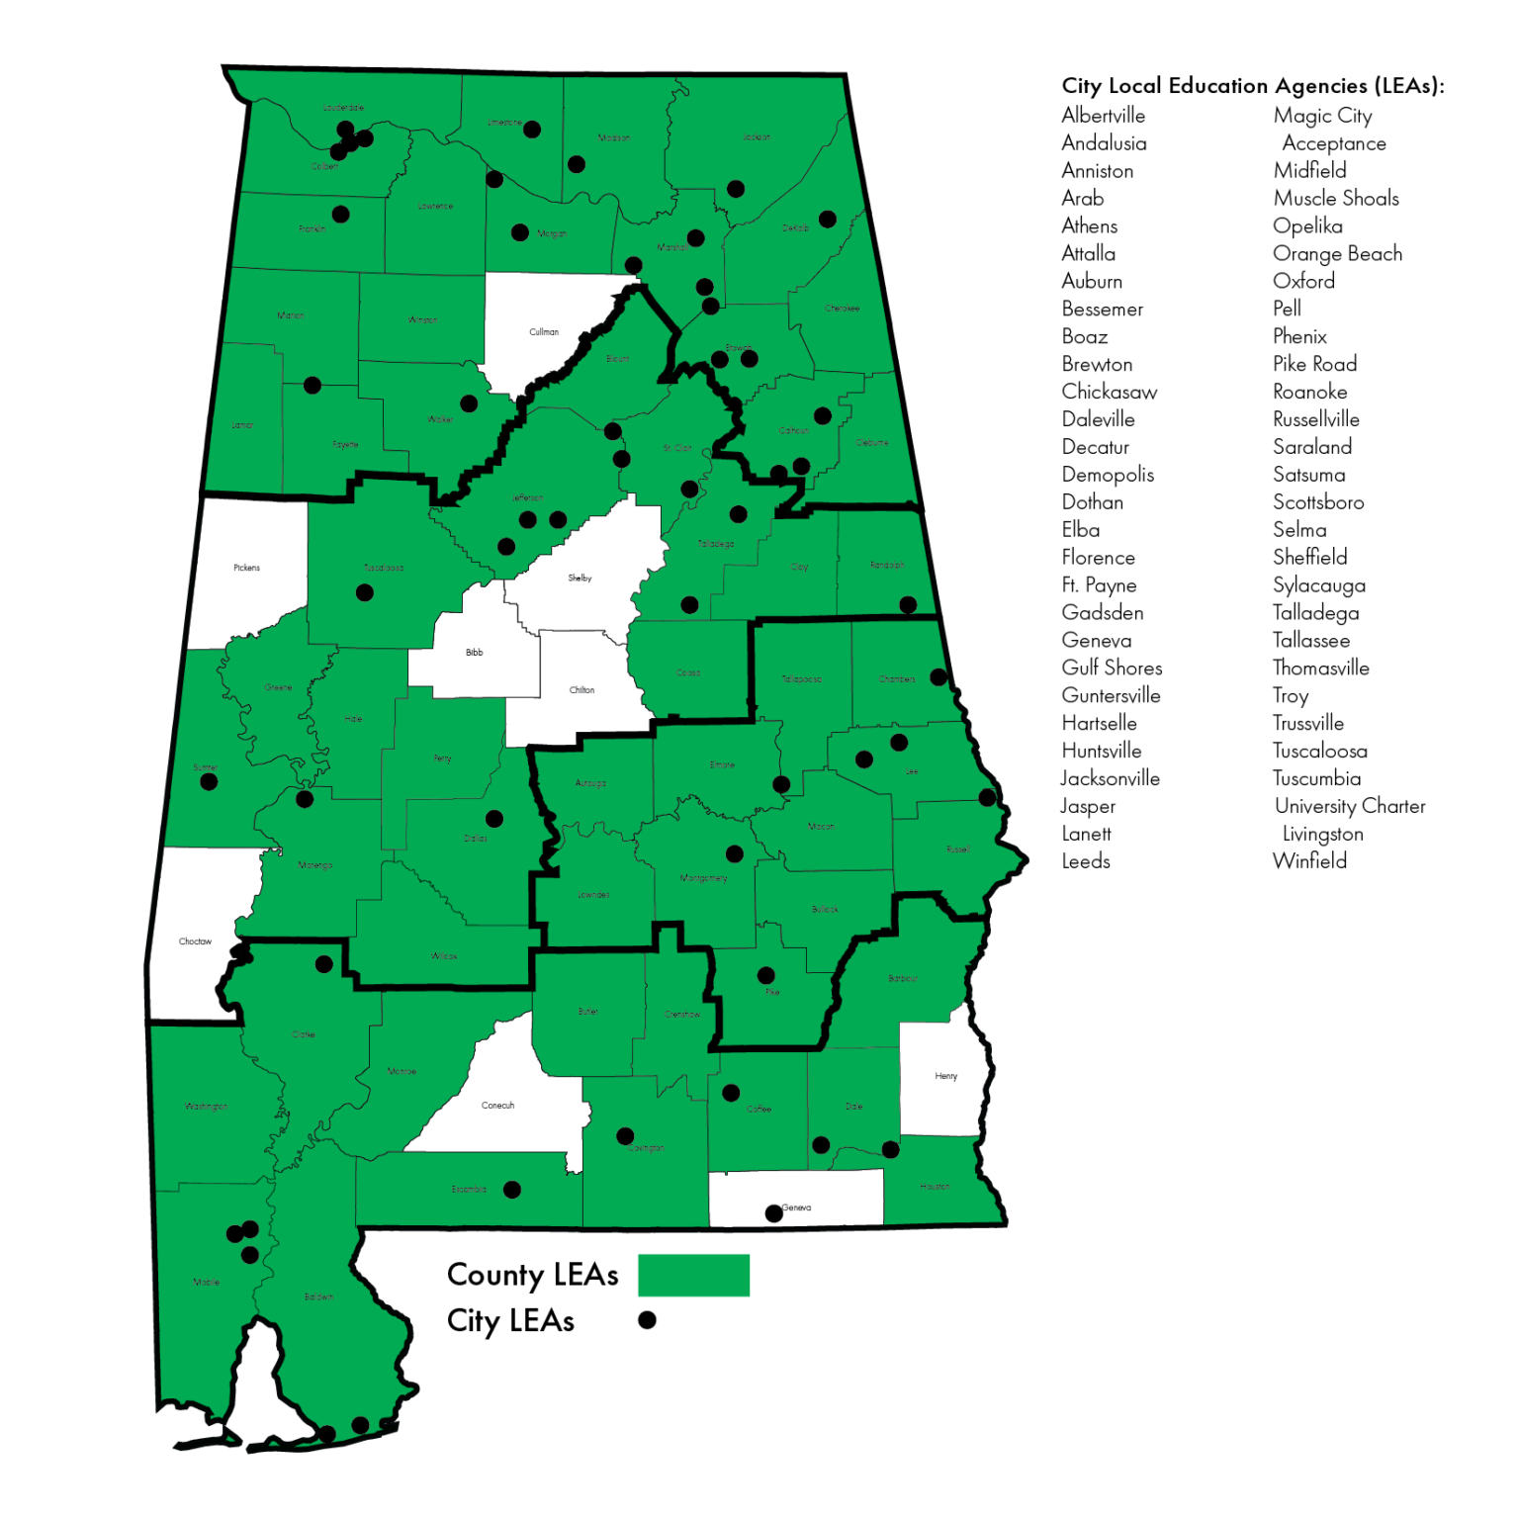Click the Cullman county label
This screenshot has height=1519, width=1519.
pyautogui.click(x=544, y=332)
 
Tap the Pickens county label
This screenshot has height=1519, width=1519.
pyautogui.click(x=246, y=568)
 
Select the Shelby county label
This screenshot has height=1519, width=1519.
pyautogui.click(x=580, y=578)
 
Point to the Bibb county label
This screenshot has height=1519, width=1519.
pyautogui.click(x=475, y=653)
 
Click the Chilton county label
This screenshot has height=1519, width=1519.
pyautogui.click(x=581, y=690)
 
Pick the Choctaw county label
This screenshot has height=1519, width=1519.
pyautogui.click(x=195, y=941)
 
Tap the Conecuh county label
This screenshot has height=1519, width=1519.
pyautogui.click(x=497, y=1106)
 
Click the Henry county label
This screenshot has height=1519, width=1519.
pyautogui.click(x=945, y=1076)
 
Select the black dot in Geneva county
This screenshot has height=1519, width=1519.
pyautogui.click(x=774, y=1213)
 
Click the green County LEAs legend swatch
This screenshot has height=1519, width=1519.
pyautogui.click(x=693, y=1275)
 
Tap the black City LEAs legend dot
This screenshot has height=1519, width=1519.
pyautogui.click(x=647, y=1320)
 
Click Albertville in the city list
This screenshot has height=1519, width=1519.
pyautogui.click(x=1103, y=116)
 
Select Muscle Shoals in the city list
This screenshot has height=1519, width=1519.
pyautogui.click(x=1335, y=199)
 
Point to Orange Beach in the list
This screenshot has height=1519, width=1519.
pyautogui.click(x=1337, y=254)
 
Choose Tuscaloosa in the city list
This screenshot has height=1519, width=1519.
pyautogui.click(x=1319, y=752)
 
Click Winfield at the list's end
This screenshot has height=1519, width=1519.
pyautogui.click(x=1309, y=861)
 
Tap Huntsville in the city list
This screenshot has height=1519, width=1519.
pyautogui.click(x=1101, y=752)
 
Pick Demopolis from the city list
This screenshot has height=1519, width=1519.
pyautogui.click(x=1108, y=475)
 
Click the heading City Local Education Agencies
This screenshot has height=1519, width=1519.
pyautogui.click(x=1252, y=86)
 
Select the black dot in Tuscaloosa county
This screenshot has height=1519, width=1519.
pyautogui.click(x=365, y=593)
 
